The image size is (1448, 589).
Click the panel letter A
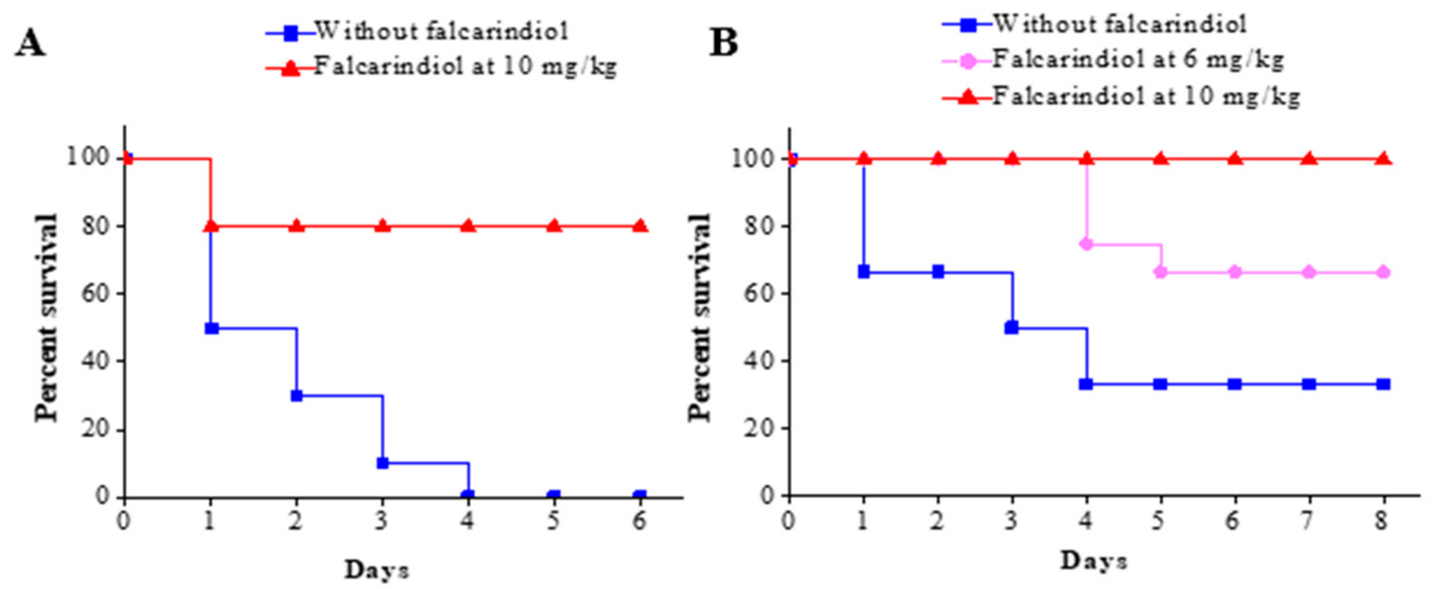pos(29,44)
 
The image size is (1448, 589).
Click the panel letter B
pos(723,42)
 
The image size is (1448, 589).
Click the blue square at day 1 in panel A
pos(211,328)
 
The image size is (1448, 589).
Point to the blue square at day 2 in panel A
pos(297,396)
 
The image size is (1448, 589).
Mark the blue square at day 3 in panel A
pos(383,463)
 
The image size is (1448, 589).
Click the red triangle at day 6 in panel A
pos(640,226)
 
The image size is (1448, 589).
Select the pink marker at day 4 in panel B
pos(1087,244)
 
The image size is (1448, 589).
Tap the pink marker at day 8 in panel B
pos(1384,273)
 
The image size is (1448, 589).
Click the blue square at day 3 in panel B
pos(1011,328)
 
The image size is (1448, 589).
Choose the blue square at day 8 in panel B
pos(1384,384)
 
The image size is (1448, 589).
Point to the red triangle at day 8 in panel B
pos(1384,159)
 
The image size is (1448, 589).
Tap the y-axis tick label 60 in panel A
pos(95,293)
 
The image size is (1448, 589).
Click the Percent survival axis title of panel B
pos(700,318)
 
